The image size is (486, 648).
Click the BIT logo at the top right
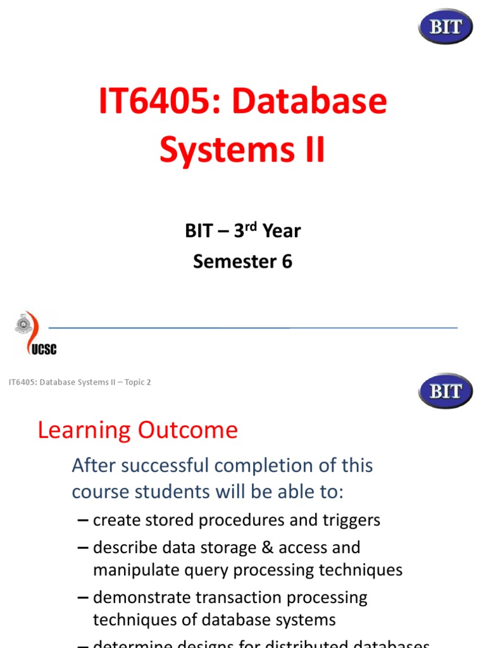coord(445,27)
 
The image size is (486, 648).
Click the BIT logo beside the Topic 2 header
coord(445,390)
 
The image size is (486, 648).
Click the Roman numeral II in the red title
coord(312,151)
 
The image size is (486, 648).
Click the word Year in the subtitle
coord(282,232)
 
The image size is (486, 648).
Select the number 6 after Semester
coord(287,261)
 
